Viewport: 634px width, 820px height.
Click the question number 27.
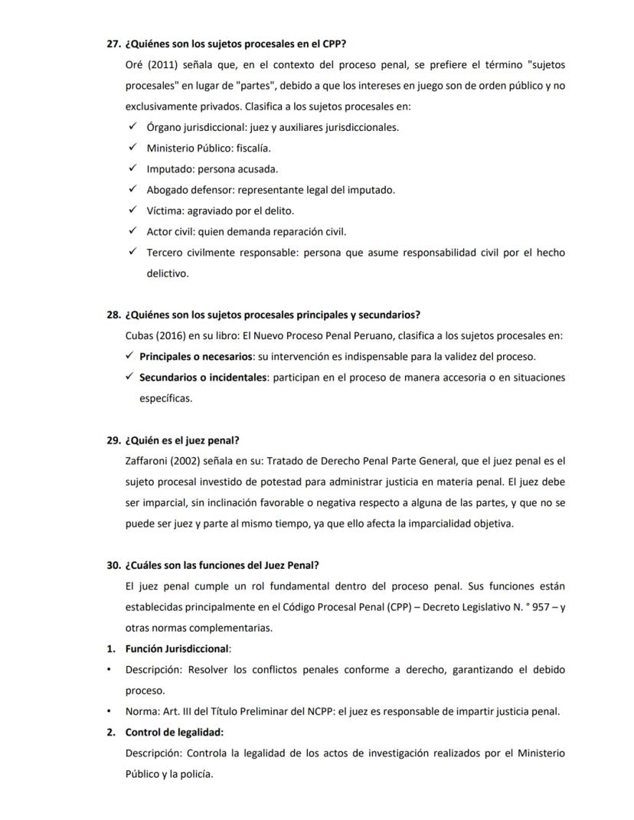click(x=113, y=44)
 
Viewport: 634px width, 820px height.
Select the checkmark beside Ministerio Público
click(x=132, y=148)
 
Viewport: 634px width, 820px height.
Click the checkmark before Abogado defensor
click(x=132, y=189)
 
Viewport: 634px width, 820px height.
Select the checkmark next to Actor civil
click(x=132, y=231)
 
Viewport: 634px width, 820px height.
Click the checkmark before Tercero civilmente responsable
click(x=132, y=252)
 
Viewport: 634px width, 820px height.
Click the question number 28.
click(x=113, y=315)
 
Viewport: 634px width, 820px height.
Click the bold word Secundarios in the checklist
click(x=169, y=377)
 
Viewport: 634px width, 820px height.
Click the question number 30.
click(x=113, y=566)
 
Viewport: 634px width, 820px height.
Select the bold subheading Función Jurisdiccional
click(x=177, y=648)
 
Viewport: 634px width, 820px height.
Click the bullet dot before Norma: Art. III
click(x=109, y=711)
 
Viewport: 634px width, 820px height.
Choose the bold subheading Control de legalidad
click(x=174, y=733)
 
